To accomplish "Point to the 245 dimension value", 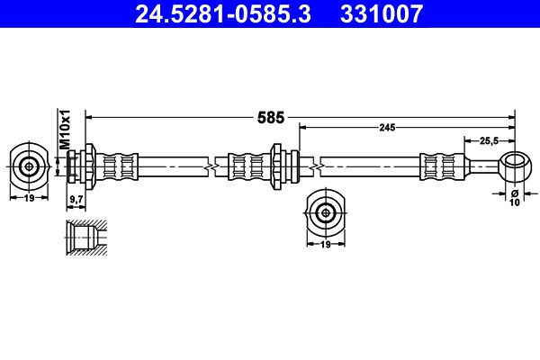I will coord(387,128).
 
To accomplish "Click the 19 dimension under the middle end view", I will coord(325,243).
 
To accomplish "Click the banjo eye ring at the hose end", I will coord(515,166).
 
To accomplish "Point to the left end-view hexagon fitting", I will coord(30,166).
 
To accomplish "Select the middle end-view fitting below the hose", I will coord(325,212).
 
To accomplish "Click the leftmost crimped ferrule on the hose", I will coord(121,166).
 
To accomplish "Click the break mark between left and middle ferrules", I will coord(209,166).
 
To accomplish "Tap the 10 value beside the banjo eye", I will coord(516,202).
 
